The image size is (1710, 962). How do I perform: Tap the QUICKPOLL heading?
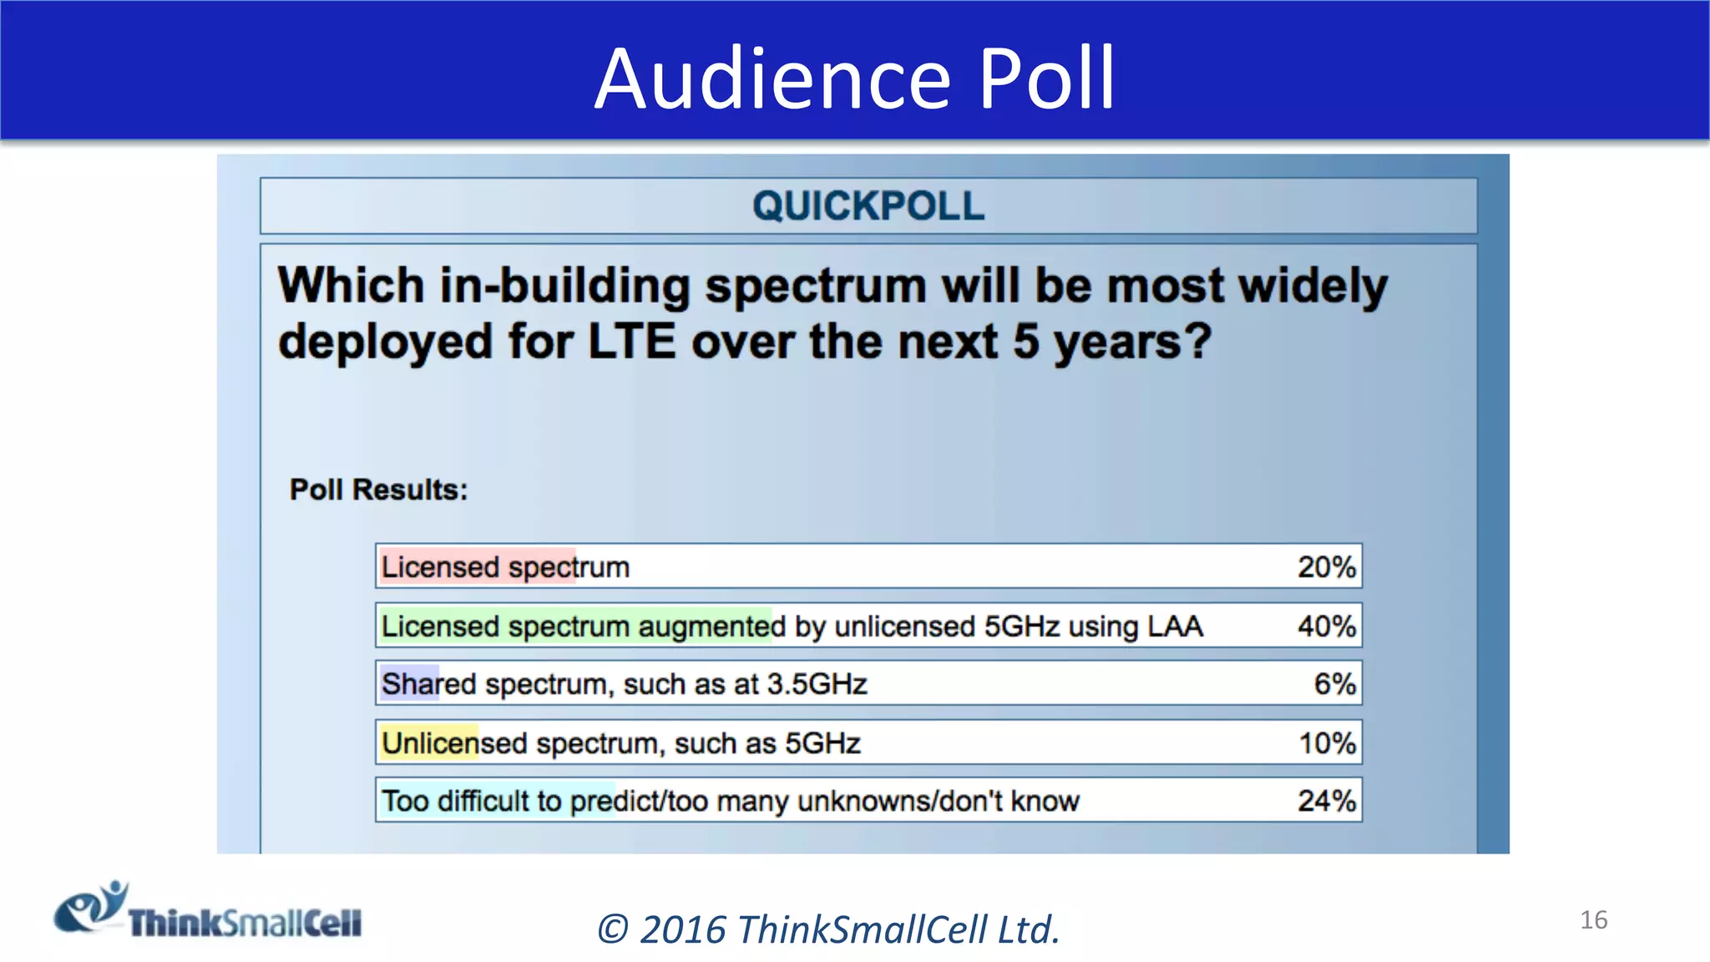(868, 206)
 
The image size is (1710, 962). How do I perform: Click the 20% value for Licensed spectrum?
(1326, 567)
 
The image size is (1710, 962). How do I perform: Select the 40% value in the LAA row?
(1326, 626)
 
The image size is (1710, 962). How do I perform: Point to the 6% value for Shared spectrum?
(1334, 684)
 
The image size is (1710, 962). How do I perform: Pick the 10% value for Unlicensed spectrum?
(1326, 743)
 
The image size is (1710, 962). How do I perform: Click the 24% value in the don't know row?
(1326, 801)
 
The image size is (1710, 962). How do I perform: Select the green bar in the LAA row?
(576, 626)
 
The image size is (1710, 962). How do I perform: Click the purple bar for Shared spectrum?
(409, 684)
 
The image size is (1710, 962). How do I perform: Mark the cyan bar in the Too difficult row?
(498, 801)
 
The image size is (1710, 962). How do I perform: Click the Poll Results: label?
(378, 489)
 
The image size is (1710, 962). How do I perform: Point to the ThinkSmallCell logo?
(209, 912)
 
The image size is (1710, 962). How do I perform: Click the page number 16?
(1593, 920)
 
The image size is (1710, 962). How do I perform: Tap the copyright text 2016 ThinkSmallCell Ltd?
(828, 929)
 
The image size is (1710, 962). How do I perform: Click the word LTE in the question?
(631, 342)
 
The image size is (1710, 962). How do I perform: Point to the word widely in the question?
(1313, 286)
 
